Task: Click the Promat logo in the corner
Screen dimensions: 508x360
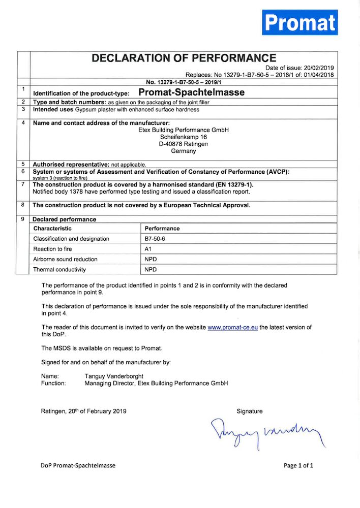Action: tap(300, 22)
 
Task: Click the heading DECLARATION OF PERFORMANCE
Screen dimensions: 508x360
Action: tap(184, 58)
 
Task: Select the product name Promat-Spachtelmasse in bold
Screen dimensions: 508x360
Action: tap(191, 92)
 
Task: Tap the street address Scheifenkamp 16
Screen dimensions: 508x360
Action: tap(184, 137)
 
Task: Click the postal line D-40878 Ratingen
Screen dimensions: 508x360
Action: tap(184, 144)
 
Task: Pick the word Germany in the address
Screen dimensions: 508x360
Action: tap(184, 151)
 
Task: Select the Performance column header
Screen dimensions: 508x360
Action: tap(162, 229)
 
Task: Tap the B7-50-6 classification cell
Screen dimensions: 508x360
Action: tap(156, 239)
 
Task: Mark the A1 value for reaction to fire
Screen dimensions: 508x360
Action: tap(148, 249)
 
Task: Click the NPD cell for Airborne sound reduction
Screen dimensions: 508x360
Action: tap(151, 259)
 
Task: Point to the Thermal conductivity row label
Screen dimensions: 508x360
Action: tap(59, 270)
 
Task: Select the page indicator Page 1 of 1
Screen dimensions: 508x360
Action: tap(298, 465)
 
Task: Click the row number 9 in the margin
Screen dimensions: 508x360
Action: tap(24, 219)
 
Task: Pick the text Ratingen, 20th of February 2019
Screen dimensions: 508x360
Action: tap(84, 411)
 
